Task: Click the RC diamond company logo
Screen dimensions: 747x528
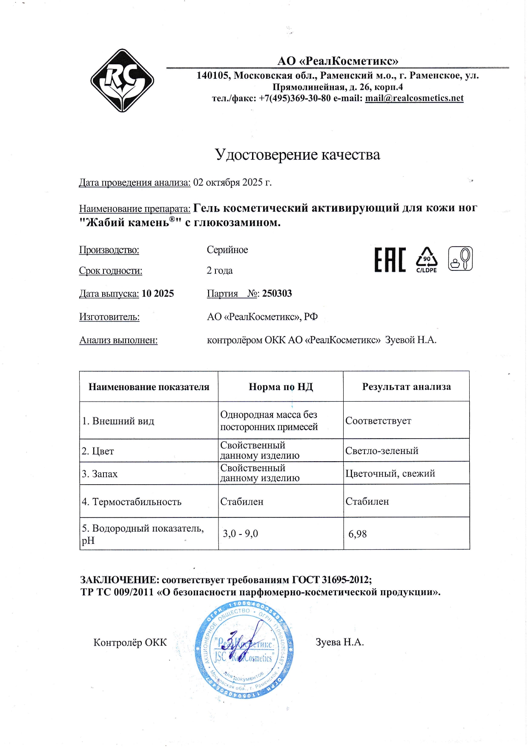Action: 122,80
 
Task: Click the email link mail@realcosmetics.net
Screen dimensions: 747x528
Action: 414,98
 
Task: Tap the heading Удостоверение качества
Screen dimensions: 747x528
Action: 297,155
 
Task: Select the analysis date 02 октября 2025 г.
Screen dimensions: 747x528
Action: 232,183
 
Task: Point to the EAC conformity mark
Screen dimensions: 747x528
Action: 390,259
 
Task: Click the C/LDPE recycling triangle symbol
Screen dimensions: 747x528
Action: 427,259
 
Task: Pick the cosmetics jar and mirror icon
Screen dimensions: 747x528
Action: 460,259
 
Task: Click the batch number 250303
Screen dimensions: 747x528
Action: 277,293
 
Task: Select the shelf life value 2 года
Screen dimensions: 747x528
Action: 220,271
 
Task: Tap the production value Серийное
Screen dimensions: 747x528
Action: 227,250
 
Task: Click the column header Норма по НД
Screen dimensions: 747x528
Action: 281,387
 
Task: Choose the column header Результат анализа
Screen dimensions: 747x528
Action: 406,387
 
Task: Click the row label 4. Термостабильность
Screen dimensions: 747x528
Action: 132,502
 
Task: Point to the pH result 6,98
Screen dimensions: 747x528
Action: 357,534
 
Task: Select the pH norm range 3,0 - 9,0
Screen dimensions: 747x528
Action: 240,534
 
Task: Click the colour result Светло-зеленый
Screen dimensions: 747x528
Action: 382,451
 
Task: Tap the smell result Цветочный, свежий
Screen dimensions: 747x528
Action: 390,474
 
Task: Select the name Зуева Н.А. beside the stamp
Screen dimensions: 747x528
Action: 339,642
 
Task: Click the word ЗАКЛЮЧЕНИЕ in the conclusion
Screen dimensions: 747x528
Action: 120,580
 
